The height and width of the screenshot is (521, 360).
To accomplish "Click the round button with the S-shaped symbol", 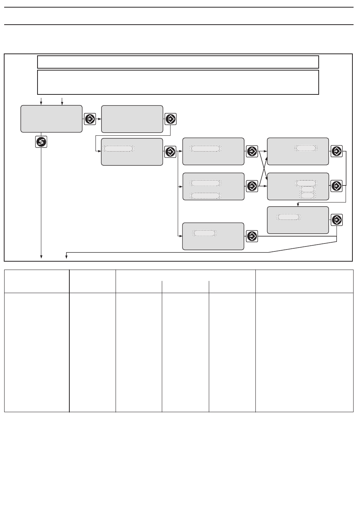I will pos(41,142).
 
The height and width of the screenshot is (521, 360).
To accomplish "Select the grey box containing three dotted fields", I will pos(298,186).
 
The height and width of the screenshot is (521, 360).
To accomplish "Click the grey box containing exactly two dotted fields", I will pos(213,186).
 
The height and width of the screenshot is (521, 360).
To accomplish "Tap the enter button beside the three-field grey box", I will pos(337,186).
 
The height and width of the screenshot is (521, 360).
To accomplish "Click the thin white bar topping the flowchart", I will pos(178,62).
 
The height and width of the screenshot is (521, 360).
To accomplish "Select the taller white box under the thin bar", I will pos(178,82).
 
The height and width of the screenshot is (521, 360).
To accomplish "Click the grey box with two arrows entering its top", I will pos(51,119).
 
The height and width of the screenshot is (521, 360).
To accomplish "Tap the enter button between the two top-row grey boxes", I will pos(90,119).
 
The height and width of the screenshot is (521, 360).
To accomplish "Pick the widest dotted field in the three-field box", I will pos(307,182).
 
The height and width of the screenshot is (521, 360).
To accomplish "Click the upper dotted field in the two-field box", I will pos(205,183).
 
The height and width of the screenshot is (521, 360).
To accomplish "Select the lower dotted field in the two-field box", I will pos(205,196).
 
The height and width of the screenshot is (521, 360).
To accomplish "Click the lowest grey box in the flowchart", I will pos(213,236).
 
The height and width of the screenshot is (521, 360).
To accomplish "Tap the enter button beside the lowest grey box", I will pos(252,236).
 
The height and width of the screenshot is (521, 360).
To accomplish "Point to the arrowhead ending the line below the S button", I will pos(41,258).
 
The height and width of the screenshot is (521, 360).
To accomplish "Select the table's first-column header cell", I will pos(37,281).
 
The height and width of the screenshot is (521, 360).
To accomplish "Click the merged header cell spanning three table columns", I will pos(186,275).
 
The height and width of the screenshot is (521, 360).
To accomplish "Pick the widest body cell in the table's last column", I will pos(304,352).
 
